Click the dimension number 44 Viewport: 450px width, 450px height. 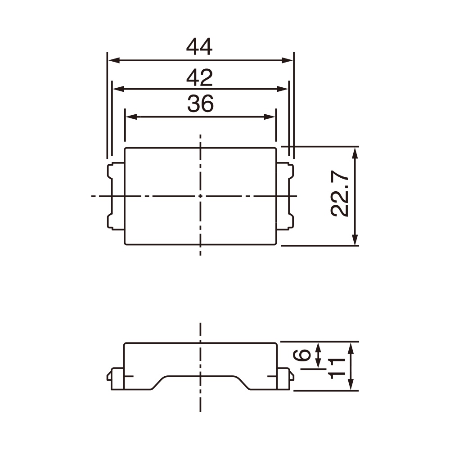click(199, 47)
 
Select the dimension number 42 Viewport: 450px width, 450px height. click(199, 78)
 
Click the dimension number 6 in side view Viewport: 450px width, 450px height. click(305, 355)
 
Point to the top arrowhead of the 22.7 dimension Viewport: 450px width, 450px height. click(355, 151)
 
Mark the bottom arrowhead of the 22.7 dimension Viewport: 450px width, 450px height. click(355, 241)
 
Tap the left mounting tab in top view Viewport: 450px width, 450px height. click(115, 197)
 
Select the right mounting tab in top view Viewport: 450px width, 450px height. click(285, 197)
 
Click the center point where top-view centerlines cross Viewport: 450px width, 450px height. click(200, 196)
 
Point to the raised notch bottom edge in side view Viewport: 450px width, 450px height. click(200, 376)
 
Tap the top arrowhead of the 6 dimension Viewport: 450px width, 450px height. click(319, 346)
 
